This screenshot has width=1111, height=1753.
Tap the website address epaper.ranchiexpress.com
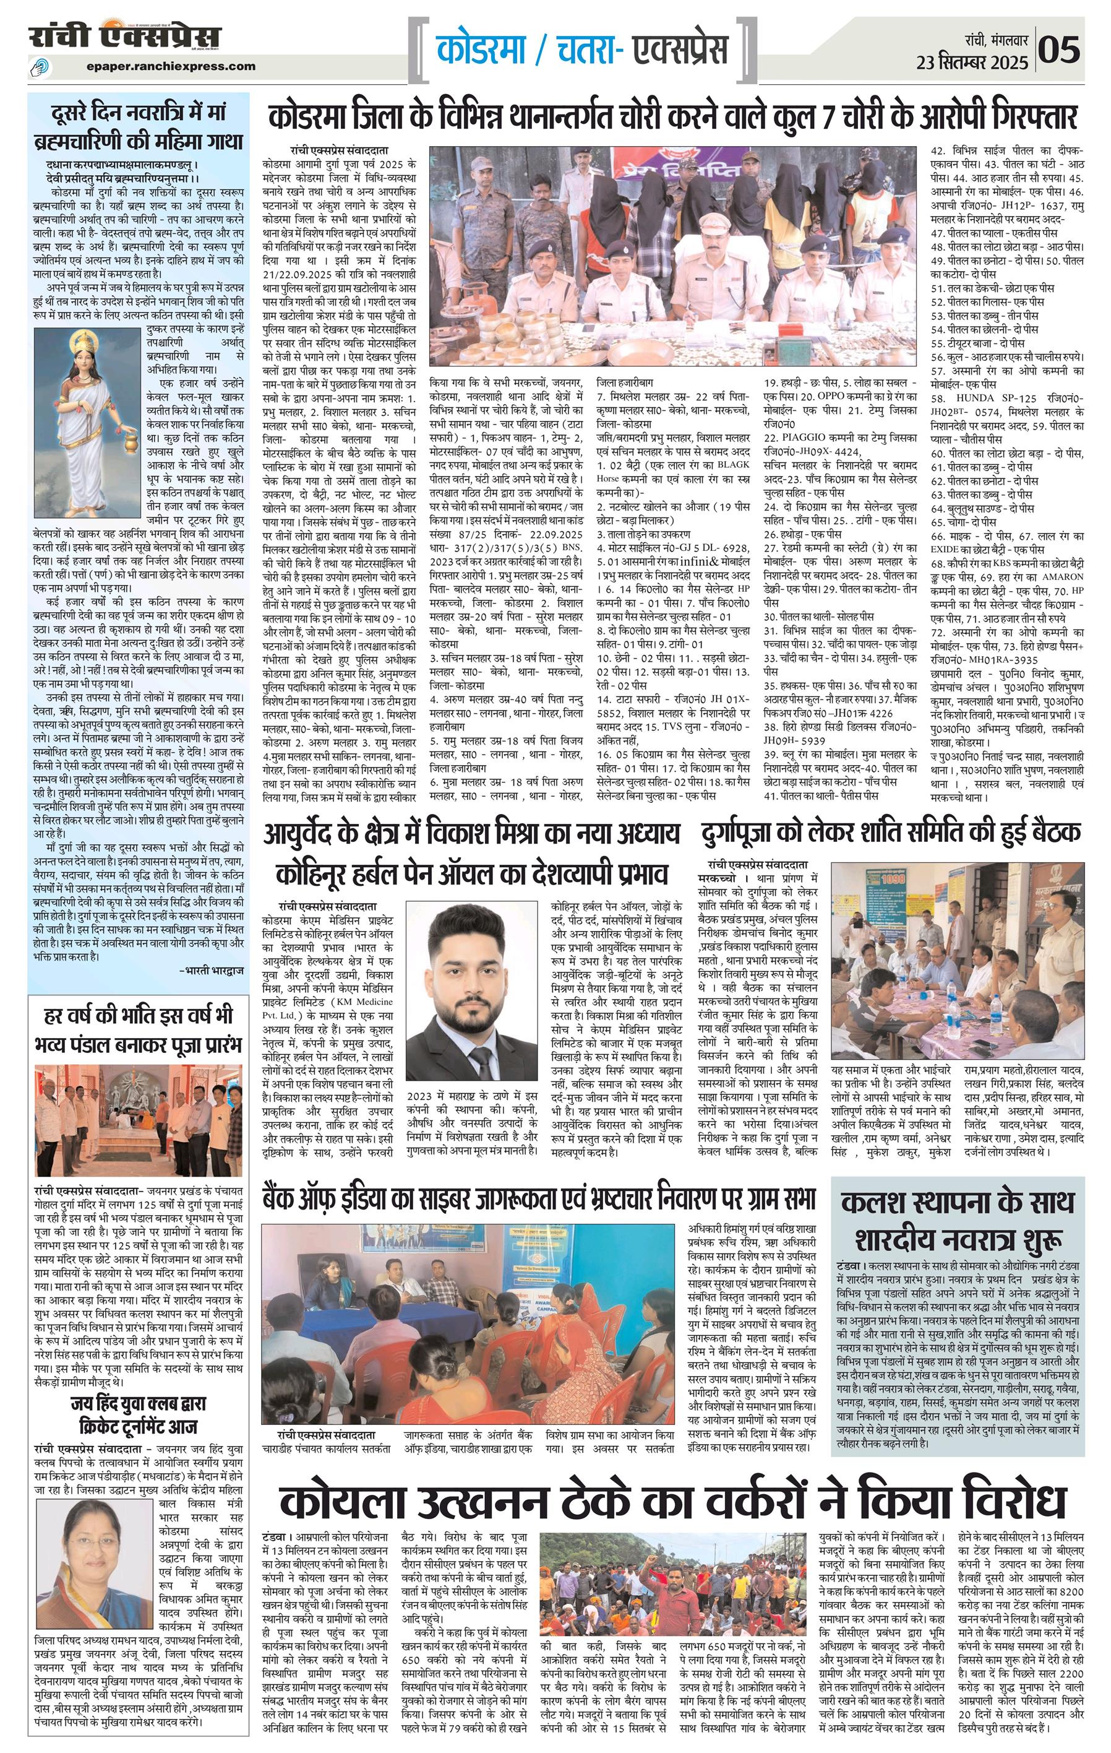(170, 66)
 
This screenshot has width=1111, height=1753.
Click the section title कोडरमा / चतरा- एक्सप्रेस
(582, 50)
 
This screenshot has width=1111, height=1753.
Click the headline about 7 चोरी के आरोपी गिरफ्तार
(673, 117)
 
